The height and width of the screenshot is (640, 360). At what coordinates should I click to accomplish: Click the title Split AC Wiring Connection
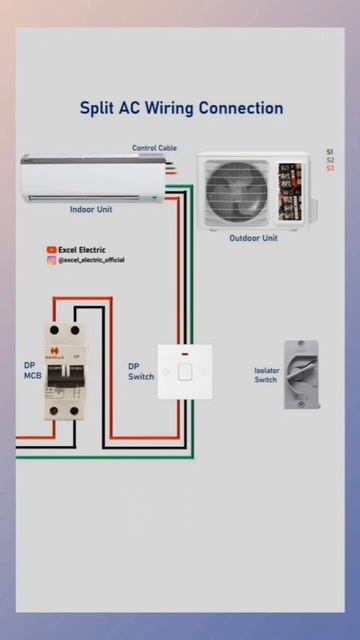pos(181,108)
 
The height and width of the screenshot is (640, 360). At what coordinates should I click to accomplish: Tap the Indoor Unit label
pos(90,210)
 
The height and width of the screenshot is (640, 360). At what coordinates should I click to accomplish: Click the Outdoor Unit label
pos(253,238)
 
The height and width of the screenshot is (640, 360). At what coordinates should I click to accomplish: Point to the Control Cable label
pos(154,148)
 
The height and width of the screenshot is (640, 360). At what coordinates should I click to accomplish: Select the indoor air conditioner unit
pos(90,178)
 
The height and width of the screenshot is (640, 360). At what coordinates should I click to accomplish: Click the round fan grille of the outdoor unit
pos(237,191)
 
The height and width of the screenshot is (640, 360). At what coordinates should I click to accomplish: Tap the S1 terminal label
pos(330,152)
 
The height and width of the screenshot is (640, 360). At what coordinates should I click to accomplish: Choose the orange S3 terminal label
pos(330,168)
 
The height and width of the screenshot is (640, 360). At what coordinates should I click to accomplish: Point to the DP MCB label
pos(32,370)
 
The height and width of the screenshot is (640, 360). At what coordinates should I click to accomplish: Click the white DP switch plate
pos(184,371)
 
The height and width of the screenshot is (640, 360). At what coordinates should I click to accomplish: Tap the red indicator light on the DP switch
pos(184,354)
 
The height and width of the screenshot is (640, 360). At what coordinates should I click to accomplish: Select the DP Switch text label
pos(140,371)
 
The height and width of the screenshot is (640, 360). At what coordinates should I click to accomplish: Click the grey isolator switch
pos(299,374)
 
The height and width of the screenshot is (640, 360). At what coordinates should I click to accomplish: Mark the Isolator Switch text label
pos(265,375)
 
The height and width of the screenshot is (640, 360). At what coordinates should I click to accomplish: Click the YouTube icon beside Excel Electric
pos(51,250)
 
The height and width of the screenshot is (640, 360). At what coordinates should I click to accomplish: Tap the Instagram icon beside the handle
pos(51,260)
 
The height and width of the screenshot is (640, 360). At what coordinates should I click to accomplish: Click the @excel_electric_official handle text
pos(91,260)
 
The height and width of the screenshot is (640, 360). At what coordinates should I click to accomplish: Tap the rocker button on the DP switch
pos(184,372)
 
